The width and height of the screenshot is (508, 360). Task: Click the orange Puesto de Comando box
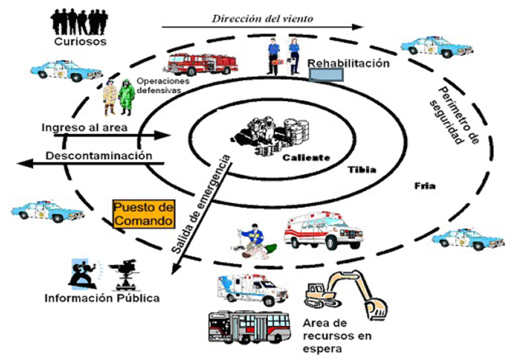point(144,214)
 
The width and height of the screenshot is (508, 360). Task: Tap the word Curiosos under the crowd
point(80,42)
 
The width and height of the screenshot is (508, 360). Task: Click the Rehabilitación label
point(348,63)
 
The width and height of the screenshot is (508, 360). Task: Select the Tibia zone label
point(362,169)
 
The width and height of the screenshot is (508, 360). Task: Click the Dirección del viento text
point(262,18)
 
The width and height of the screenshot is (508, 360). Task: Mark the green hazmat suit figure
point(126,97)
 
